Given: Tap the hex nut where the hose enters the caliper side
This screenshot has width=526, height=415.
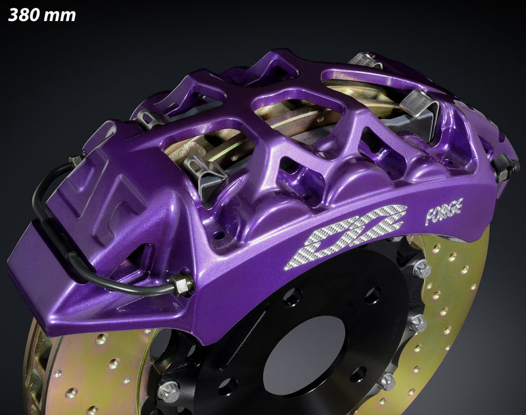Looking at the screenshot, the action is pos(181,285).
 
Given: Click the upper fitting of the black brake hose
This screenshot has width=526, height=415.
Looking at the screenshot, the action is pos(76,160).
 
